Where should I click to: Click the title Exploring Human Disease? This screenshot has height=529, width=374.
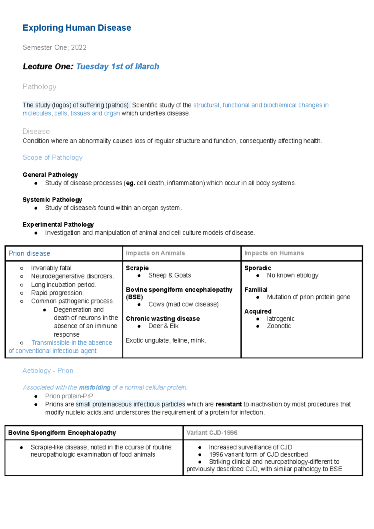pyautogui.click(x=77, y=28)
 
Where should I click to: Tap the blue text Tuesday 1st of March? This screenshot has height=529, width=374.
pyautogui.click(x=117, y=66)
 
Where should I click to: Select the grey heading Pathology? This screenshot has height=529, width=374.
pyautogui.click(x=39, y=87)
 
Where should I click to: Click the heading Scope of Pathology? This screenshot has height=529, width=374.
pyautogui.click(x=52, y=157)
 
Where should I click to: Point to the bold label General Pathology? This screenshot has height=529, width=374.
pyautogui.click(x=50, y=175)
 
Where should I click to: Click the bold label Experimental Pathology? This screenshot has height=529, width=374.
pyautogui.click(x=58, y=225)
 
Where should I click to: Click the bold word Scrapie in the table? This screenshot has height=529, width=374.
pyautogui.click(x=137, y=268)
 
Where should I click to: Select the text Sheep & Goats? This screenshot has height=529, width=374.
pyautogui.click(x=170, y=275)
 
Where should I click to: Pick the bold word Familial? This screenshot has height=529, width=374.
pyautogui.click(x=256, y=290)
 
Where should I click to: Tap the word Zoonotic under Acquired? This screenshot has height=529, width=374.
pyautogui.click(x=279, y=326)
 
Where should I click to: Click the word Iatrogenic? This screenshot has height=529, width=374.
pyautogui.click(x=280, y=319)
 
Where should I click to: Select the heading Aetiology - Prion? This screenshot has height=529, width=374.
pyautogui.click(x=48, y=370)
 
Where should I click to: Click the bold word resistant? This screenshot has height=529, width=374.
pyautogui.click(x=228, y=404)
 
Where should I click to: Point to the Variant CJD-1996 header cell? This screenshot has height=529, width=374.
pyautogui.click(x=212, y=433)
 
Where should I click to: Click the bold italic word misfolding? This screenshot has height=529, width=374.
pyautogui.click(x=94, y=387)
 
